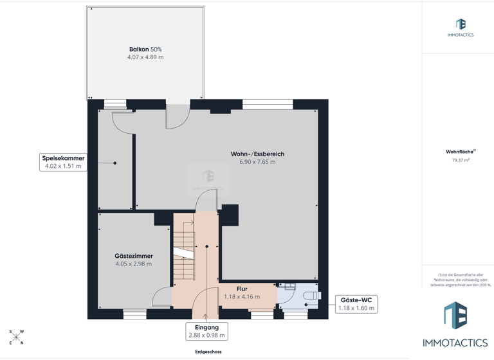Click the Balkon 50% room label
click(x=145, y=49)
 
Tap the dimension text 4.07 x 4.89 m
click(x=145, y=57)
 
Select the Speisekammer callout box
click(x=63, y=162)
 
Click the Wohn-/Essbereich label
click(x=257, y=154)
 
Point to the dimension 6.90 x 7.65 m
click(x=257, y=162)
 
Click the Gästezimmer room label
click(x=134, y=256)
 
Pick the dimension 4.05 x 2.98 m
click(x=134, y=264)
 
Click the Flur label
click(x=242, y=289)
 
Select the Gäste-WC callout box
click(x=356, y=304)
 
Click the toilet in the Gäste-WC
click(x=311, y=296)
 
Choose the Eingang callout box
click(x=206, y=331)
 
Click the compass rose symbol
click(x=16, y=337)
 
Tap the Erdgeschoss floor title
click(x=208, y=352)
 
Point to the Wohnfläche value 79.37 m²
click(x=461, y=160)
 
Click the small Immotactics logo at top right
click(x=461, y=27)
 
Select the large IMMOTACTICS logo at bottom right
click(x=455, y=325)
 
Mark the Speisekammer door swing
click(x=123, y=122)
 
